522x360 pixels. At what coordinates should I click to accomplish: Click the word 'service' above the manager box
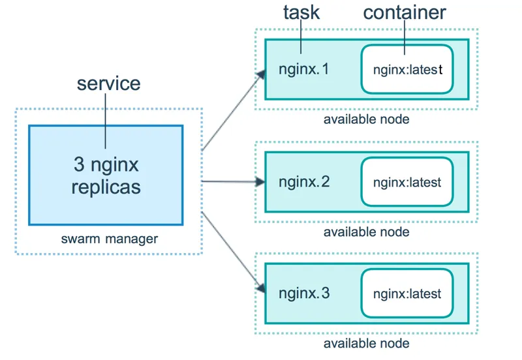[x=108, y=83]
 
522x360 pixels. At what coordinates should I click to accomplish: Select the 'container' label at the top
[x=405, y=13]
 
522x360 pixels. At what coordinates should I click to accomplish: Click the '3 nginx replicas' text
[x=106, y=175]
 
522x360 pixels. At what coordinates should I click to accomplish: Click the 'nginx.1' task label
[x=304, y=68]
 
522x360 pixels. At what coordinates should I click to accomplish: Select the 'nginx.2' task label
[x=304, y=182]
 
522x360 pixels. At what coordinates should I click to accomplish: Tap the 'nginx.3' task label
[x=304, y=293]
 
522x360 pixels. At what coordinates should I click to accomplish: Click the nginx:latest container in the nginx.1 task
[x=407, y=68]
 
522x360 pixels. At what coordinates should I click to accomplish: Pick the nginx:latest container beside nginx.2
[x=407, y=183]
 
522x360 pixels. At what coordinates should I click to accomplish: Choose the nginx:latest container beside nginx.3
[x=407, y=293]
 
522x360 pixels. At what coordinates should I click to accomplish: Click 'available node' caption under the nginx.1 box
[x=366, y=119]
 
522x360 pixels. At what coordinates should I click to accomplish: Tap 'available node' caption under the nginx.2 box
[x=366, y=232]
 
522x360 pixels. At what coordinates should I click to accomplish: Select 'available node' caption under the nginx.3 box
[x=366, y=343]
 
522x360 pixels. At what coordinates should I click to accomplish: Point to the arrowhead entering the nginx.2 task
[x=259, y=182]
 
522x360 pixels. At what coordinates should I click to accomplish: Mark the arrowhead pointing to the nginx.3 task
[x=260, y=288]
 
